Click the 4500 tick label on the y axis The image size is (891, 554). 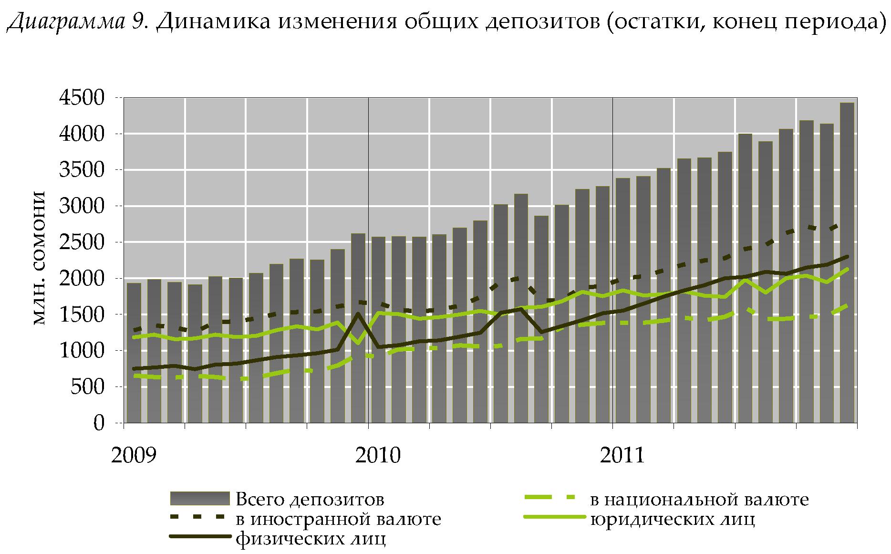81,98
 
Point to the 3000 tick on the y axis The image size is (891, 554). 81,206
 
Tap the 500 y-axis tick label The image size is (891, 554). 87,387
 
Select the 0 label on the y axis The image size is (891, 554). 99,423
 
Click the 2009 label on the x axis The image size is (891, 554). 134,455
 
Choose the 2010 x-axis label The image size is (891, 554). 378,455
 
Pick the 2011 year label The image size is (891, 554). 622,455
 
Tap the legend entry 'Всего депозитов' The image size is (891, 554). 310,499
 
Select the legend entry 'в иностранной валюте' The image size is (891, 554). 338,519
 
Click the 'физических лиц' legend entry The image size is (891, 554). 311,539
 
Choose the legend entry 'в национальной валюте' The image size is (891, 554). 699,499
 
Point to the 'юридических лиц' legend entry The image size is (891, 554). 673,519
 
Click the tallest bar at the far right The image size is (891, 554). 847,262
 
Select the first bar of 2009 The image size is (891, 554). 134,353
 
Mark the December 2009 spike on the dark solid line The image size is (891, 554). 358,314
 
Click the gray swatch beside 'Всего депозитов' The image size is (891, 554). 200,498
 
